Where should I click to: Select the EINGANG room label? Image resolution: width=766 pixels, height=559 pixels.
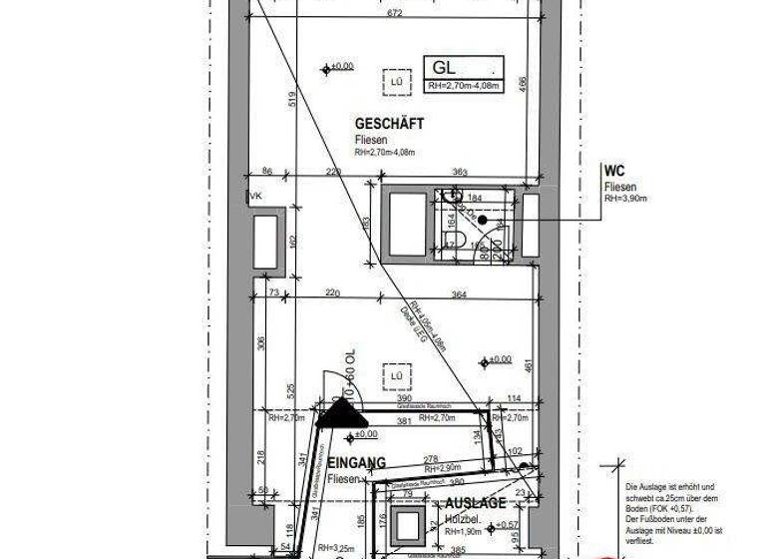(x=356, y=462)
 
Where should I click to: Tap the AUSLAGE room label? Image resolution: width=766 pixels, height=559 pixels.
(x=475, y=503)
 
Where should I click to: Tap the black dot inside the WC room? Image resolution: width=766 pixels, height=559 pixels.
(x=481, y=219)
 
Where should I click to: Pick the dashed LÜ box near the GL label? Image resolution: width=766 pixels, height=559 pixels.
(x=396, y=80)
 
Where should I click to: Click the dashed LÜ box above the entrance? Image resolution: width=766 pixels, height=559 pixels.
(x=396, y=374)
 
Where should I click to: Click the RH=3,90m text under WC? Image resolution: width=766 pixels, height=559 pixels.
(x=625, y=199)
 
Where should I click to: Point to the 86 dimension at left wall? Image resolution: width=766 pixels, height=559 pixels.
(x=265, y=172)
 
